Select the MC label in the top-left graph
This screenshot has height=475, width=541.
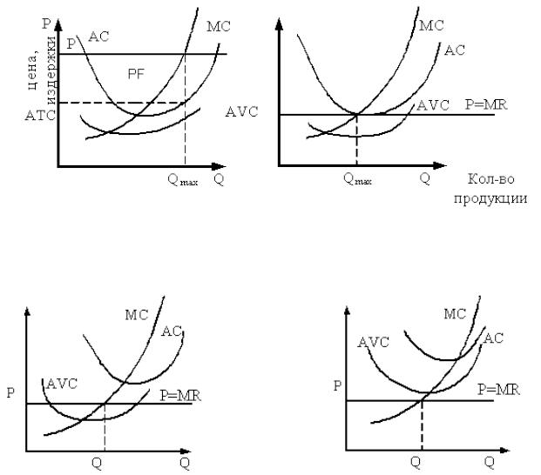click(218, 27)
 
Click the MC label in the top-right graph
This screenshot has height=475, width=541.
click(431, 25)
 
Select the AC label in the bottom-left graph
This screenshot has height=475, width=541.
click(172, 331)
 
